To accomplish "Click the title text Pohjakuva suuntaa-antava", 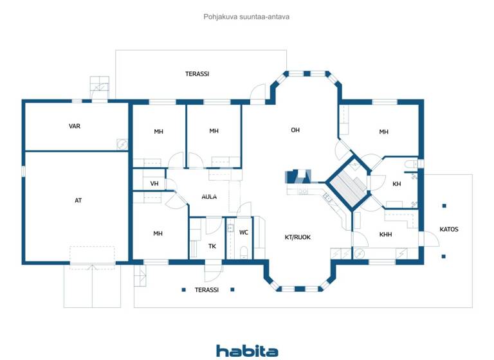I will tap(246, 17).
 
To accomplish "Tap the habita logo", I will tap(247, 350).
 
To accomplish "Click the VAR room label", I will tap(75, 126).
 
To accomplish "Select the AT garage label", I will tap(78, 201).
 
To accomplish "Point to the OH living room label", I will tap(295, 130).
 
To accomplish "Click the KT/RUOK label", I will tap(297, 237).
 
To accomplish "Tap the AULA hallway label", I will tap(208, 197).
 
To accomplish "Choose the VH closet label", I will tap(154, 184).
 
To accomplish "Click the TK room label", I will tap(212, 246).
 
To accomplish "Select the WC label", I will tap(244, 233).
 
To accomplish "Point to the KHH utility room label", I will tap(385, 235).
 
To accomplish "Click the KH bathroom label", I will tap(397, 184).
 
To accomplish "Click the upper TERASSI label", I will tap(197, 74).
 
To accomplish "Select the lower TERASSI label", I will tap(206, 290).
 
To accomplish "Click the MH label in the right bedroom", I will tap(383, 132).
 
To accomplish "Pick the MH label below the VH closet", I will tap(158, 233).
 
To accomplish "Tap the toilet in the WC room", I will tap(243, 254).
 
